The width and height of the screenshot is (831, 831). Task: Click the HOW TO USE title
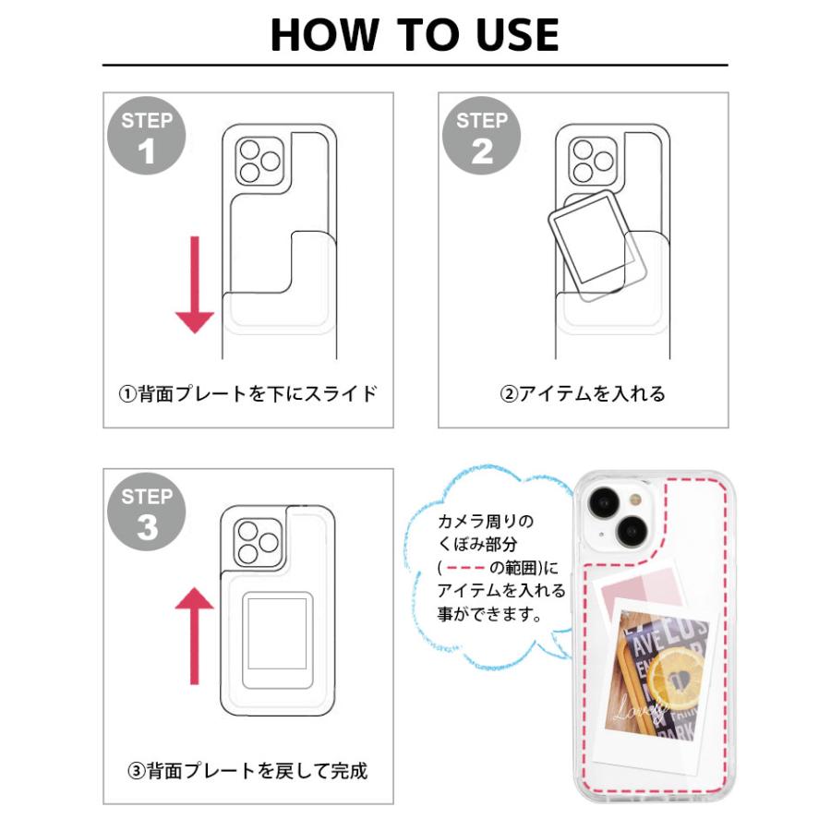[x=415, y=34]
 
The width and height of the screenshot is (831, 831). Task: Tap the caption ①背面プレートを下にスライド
[x=248, y=394]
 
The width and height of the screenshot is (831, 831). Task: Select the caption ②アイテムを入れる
[x=583, y=394]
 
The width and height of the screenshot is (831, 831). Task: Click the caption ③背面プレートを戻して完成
[x=247, y=769]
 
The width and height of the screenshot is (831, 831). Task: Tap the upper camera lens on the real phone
[x=606, y=504]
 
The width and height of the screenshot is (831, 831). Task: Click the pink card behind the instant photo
[x=637, y=591]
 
